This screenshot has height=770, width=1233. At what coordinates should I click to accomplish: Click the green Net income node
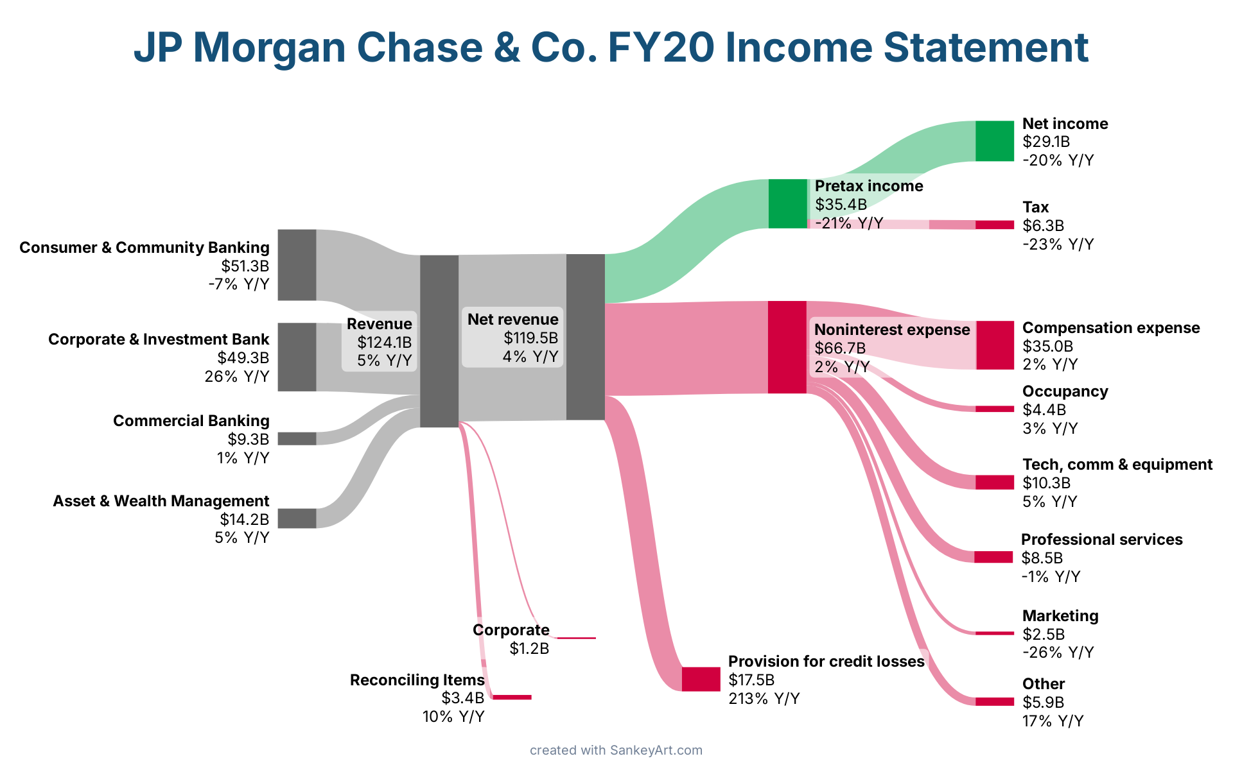point(994,141)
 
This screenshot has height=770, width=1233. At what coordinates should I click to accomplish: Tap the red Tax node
point(994,225)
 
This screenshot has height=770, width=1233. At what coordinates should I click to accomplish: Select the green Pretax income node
point(787,203)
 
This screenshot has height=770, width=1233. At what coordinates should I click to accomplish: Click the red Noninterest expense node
point(787,346)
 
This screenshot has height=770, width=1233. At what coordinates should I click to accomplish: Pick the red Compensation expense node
point(995,345)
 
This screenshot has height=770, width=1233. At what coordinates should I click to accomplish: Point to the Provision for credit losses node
point(701,679)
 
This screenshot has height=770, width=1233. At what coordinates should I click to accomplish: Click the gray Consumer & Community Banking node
point(297,264)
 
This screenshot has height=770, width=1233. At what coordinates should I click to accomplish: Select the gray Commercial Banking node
point(297,438)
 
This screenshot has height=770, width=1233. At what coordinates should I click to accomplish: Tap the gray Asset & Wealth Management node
point(297,518)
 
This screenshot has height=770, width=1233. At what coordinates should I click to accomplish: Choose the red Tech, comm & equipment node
point(994,482)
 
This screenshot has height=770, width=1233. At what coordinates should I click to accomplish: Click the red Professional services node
point(993,557)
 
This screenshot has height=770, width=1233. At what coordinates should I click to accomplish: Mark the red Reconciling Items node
point(512,697)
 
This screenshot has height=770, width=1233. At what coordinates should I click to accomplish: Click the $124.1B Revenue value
point(384,342)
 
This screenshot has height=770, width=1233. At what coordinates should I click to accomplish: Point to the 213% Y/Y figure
point(764,698)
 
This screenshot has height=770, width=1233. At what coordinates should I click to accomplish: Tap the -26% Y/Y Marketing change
point(1058,653)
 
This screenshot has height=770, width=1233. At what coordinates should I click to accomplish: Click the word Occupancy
point(1065,391)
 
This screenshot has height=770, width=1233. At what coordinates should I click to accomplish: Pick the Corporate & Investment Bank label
point(159,339)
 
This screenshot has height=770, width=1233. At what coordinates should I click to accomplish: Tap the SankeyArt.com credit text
point(656,750)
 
